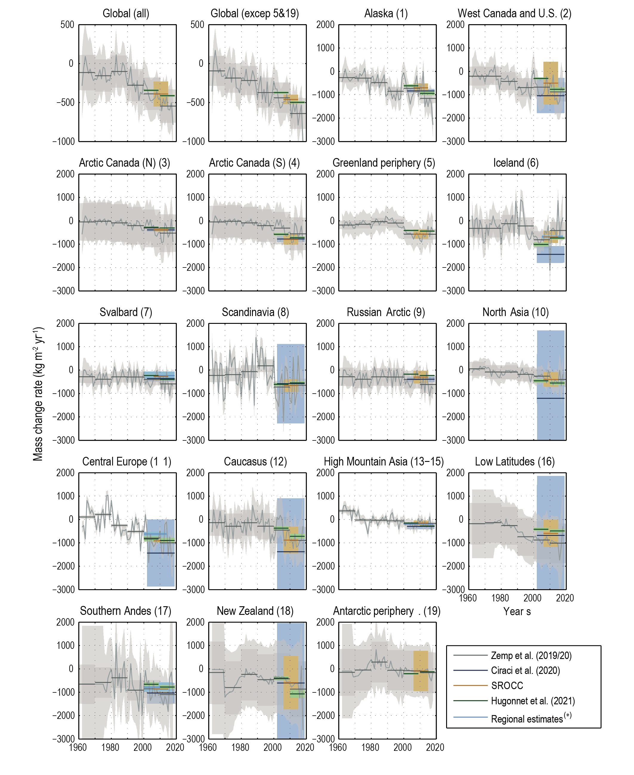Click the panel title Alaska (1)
point(386,13)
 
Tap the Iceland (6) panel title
point(516,163)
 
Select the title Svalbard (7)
point(126,312)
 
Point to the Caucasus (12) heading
point(255,462)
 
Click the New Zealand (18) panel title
point(255,611)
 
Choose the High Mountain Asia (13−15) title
point(384,462)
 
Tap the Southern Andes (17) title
point(126,611)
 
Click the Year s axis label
point(517,611)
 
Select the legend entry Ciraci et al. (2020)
point(525,671)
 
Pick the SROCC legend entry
point(507,686)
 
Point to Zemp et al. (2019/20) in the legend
point(531,655)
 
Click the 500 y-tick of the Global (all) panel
point(67,25)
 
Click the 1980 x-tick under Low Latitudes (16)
point(500,598)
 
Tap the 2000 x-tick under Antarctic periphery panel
point(403,747)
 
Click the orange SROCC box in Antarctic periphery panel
point(421,671)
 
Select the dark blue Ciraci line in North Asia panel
point(551,398)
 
